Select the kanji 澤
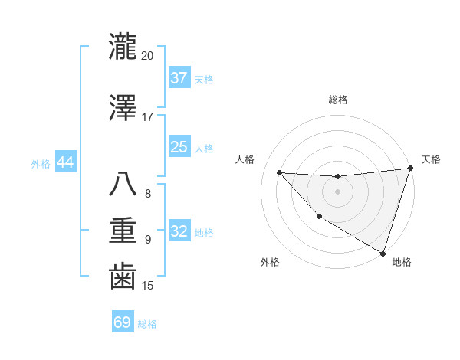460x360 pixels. click(x=123, y=108)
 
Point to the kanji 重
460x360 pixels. click(x=123, y=231)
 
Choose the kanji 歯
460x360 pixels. click(x=123, y=277)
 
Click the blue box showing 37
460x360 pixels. click(x=179, y=78)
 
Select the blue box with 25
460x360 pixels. click(x=179, y=147)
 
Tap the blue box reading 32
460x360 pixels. click(x=179, y=231)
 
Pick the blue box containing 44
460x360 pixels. click(x=65, y=162)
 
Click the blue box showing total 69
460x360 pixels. click(x=123, y=322)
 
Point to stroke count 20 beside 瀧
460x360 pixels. click(x=147, y=56)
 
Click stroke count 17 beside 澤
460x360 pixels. click(x=147, y=117)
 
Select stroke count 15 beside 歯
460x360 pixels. click(x=148, y=286)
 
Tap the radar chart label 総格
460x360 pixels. click(x=337, y=100)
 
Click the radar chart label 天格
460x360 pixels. click(x=431, y=159)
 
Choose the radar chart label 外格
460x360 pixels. click(x=270, y=262)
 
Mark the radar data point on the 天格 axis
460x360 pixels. click(x=410, y=169)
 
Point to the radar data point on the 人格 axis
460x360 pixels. click(x=279, y=172)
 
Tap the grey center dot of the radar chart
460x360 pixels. click(x=337, y=191)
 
